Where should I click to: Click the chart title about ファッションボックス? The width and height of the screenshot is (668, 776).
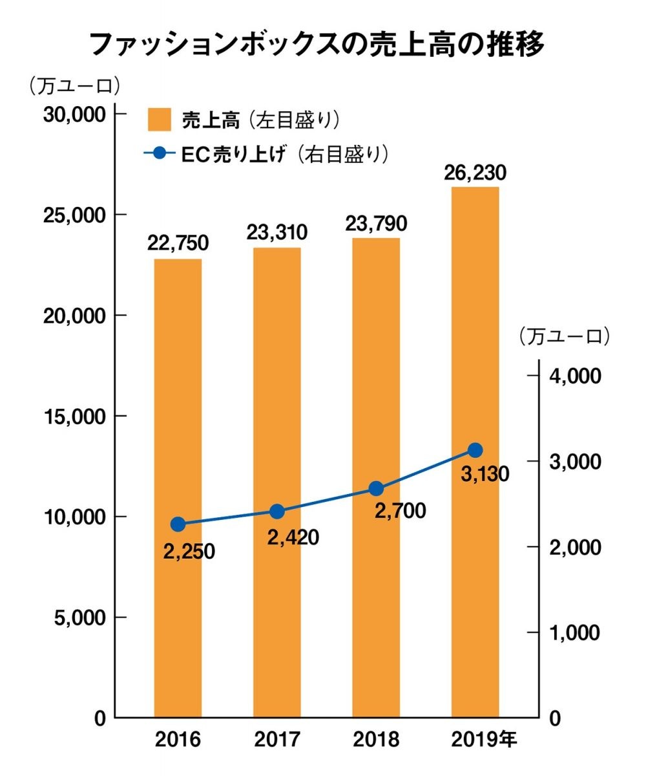pos(316,45)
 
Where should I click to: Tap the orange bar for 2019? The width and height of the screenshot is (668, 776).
pos(475,453)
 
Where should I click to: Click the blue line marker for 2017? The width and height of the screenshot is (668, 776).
pos(277,512)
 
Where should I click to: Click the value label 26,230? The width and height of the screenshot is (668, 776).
pos(475,173)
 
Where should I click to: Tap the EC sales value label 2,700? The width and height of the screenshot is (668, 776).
pos(400,511)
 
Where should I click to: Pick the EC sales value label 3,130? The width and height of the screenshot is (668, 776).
pos(485,474)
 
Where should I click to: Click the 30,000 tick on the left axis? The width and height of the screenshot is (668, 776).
pos(74,114)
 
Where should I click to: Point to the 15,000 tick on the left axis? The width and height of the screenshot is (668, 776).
pos(74,416)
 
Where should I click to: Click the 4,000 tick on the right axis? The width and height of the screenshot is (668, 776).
pos(574,376)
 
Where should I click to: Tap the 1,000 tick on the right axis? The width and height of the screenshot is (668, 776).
pos(574,632)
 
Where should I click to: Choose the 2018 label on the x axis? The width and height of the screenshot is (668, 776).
pos(377,739)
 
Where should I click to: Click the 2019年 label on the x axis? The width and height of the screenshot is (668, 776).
pos(485,739)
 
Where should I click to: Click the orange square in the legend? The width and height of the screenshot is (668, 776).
pos(159,120)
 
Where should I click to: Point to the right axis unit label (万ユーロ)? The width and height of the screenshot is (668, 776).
pos(564,336)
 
